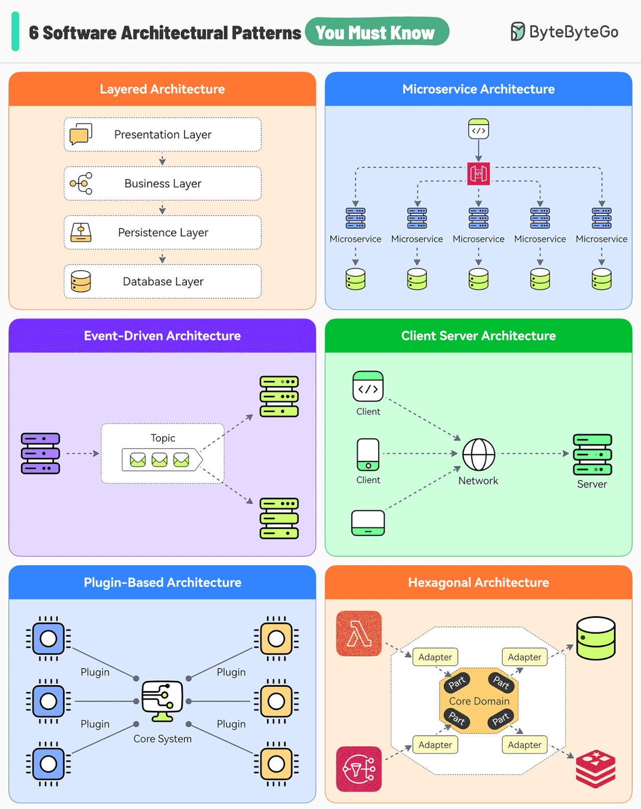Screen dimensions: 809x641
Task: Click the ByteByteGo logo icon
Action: click(517, 32)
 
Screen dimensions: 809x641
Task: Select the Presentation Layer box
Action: click(162, 134)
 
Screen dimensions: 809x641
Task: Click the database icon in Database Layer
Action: click(81, 282)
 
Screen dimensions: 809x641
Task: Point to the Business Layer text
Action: click(163, 184)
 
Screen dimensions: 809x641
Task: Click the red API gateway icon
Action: click(478, 174)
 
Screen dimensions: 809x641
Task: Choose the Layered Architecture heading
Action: click(162, 89)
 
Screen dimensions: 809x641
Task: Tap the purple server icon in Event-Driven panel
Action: click(40, 453)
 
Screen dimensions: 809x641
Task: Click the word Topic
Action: click(163, 438)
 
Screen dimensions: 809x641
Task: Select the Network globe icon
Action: click(478, 454)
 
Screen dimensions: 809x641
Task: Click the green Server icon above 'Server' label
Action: click(592, 454)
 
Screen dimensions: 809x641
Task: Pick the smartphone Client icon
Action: click(368, 454)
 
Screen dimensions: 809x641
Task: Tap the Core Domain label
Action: click(479, 701)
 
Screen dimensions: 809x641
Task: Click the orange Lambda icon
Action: click(359, 633)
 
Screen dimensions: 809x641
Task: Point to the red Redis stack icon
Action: click(595, 769)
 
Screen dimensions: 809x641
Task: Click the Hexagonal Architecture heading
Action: click(478, 583)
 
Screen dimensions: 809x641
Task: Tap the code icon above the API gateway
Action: click(478, 129)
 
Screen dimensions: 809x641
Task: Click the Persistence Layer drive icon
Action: click(81, 232)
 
